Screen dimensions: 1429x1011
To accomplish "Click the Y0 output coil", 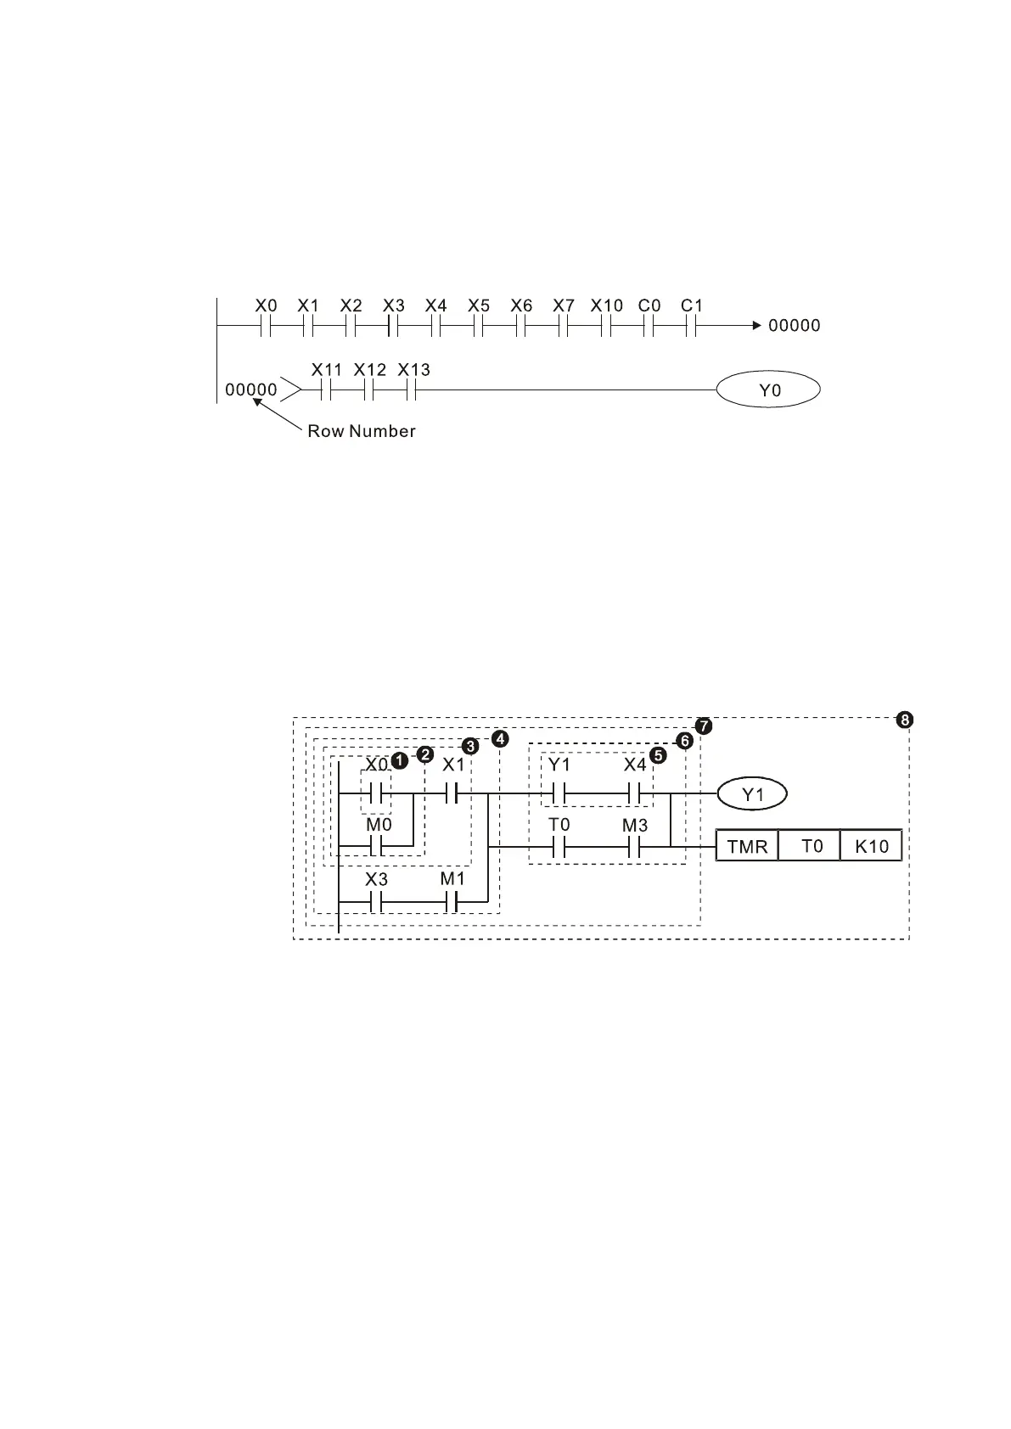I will [768, 390].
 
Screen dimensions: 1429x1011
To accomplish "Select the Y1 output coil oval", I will [752, 794].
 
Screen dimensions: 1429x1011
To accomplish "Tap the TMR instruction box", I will [747, 846].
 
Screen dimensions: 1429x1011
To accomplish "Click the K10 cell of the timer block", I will [871, 846].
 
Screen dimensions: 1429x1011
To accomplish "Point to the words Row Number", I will [362, 431].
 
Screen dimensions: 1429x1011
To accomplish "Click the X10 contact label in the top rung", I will [607, 305].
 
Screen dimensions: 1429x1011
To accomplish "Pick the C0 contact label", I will [649, 305].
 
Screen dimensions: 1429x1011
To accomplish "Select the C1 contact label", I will [692, 305].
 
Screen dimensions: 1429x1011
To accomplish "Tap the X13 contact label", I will [414, 370].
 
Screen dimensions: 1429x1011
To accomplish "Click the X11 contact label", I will [327, 370].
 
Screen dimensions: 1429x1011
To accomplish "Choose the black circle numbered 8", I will [905, 720].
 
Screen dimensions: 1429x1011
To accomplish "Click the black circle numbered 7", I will [704, 726].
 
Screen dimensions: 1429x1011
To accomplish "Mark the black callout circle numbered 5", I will [658, 754].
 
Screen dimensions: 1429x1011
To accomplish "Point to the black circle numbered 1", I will [399, 760].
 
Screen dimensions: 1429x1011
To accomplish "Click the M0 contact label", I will [379, 824].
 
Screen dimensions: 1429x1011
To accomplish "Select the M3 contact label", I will [635, 825].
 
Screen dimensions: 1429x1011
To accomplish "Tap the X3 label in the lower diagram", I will [376, 879].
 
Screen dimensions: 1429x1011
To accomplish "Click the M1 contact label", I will [452, 879].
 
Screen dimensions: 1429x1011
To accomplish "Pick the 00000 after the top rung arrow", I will [795, 326].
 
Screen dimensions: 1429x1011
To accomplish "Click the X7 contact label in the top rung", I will [564, 305].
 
